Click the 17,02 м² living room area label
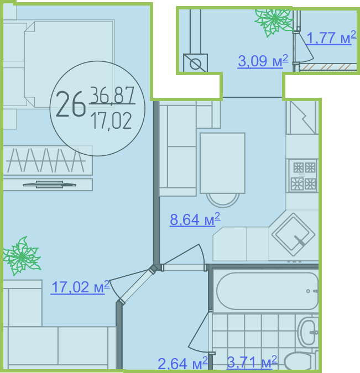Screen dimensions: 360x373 (81, 287)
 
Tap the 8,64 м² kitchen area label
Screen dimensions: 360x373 (195, 219)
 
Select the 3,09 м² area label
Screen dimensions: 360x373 (263, 61)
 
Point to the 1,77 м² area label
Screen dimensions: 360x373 (331, 38)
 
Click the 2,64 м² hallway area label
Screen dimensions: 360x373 (182, 363)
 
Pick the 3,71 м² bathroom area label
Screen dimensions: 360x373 (252, 362)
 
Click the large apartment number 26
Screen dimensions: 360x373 (70, 104)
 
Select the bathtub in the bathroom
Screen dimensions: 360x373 (268, 291)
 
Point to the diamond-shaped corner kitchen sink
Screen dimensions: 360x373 (293, 234)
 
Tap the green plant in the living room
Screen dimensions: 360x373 (22, 256)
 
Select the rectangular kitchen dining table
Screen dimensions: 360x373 (222, 163)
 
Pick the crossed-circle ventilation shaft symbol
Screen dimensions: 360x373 (195, 63)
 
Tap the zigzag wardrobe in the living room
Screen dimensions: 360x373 (48, 160)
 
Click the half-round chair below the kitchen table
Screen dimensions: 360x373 (223, 200)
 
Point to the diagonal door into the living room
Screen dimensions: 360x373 (137, 285)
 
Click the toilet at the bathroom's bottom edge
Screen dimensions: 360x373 (300, 361)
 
